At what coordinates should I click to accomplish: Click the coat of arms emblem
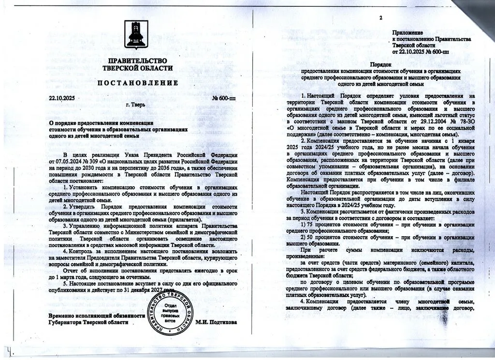click(137, 35)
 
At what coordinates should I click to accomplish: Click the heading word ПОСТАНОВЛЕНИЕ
click(138, 83)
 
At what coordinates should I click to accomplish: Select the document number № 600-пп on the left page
click(223, 98)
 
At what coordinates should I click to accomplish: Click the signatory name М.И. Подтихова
click(216, 322)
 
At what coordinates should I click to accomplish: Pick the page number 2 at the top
click(380, 18)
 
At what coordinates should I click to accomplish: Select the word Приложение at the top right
click(408, 32)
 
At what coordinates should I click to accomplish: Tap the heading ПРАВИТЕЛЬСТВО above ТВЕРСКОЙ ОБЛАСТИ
click(138, 61)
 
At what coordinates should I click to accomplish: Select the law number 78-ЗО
click(456, 121)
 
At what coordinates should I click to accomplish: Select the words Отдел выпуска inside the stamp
click(170, 308)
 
